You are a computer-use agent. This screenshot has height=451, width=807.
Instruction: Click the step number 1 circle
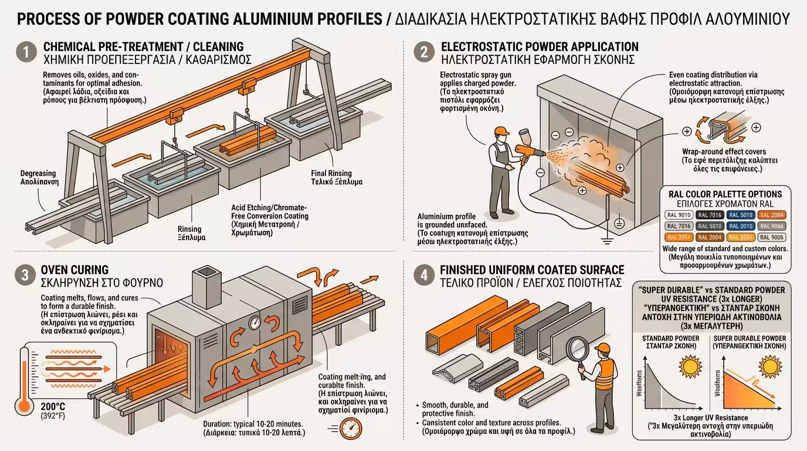click(x=25, y=52)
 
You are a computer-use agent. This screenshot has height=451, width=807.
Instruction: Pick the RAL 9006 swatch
click(x=772, y=237)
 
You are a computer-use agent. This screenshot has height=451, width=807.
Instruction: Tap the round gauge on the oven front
click(x=255, y=322)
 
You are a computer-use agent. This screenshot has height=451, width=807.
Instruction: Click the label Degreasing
click(x=38, y=177)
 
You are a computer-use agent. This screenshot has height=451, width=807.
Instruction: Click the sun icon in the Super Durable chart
click(x=768, y=368)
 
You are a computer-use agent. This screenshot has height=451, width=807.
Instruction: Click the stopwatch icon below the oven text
click(x=351, y=428)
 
